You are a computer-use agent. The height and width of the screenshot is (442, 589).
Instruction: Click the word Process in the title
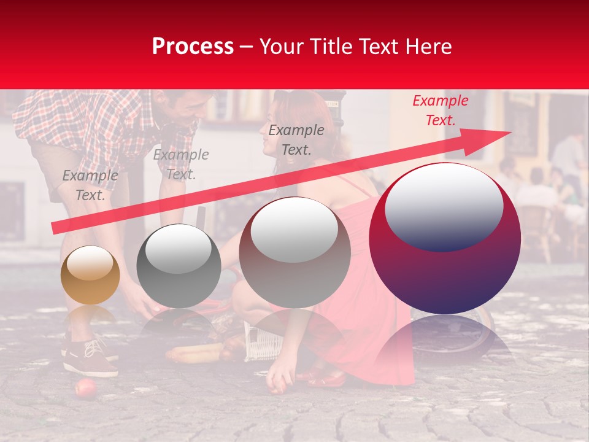coord(193,47)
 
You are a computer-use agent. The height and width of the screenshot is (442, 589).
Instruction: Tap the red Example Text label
coord(440,110)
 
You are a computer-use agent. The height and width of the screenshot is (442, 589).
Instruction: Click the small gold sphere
coord(90,275)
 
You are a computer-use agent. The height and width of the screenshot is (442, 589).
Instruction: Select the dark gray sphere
coord(179,266)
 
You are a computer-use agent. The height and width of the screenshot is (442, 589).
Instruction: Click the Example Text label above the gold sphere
coord(90,185)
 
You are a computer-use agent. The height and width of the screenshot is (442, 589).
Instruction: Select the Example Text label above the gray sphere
coord(180,165)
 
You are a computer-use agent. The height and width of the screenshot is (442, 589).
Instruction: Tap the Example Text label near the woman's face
coord(296,139)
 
